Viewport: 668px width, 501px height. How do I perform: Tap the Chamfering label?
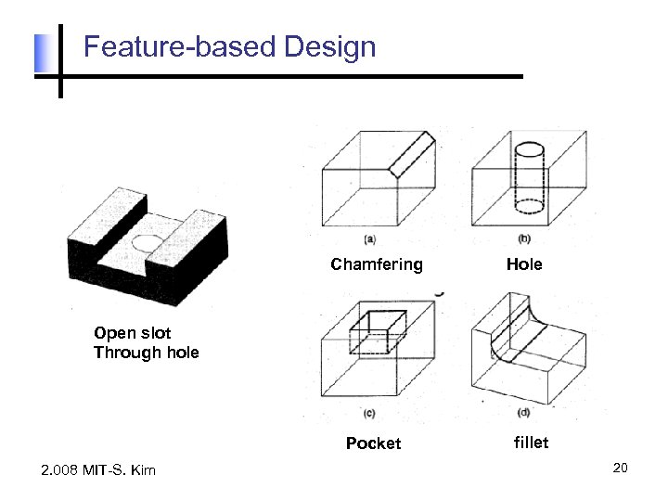(x=376, y=264)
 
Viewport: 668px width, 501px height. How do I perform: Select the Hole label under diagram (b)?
(x=524, y=264)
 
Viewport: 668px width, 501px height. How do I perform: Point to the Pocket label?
(x=373, y=443)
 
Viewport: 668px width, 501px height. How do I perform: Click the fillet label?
(x=531, y=443)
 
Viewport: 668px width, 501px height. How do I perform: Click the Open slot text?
(x=132, y=333)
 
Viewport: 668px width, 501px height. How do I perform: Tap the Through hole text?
(x=146, y=352)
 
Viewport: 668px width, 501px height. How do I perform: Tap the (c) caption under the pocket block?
(x=368, y=413)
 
